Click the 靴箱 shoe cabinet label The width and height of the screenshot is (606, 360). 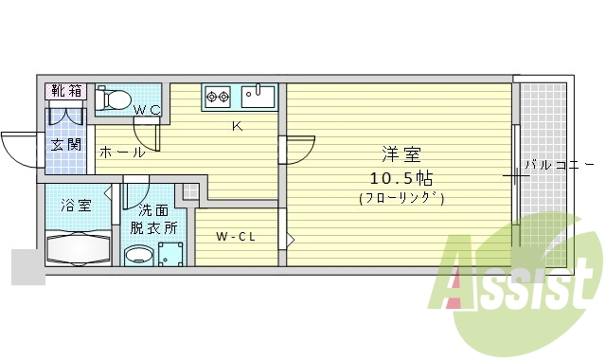66,92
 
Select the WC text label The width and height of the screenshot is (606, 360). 147,110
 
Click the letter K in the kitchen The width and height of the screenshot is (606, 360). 238,125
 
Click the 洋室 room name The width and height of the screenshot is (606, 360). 401,154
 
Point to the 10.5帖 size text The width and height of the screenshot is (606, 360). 401,177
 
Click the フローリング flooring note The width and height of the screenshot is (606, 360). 401,198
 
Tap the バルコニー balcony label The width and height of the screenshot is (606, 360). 554,164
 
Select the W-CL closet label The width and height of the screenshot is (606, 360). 235,236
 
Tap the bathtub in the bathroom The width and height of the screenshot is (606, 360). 79,249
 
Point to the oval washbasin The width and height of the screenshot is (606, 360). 139,254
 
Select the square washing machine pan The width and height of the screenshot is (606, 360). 170,253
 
